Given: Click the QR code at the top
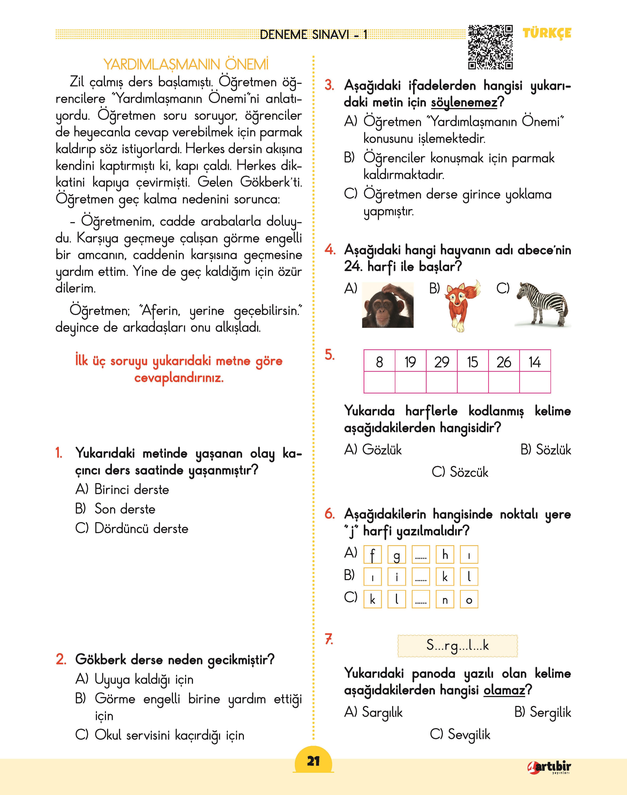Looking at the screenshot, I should point(491,47).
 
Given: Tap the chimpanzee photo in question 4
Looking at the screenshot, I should point(388,305).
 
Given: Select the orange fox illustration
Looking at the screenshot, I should point(463,305).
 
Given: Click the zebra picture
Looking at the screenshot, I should point(543,304).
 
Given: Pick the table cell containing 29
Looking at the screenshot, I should point(442,362).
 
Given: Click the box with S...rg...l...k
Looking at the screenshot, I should point(457,646).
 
